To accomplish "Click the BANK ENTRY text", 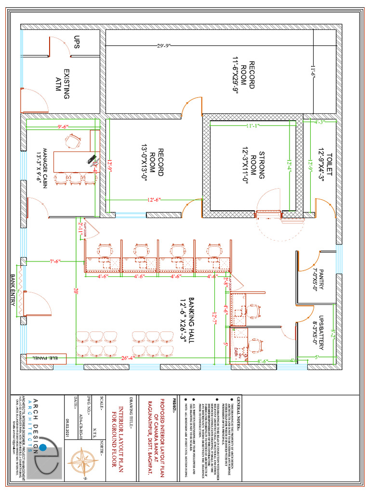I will click(x=13, y=289).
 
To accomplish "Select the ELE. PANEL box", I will click(x=45, y=358).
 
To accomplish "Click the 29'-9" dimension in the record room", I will click(x=164, y=46).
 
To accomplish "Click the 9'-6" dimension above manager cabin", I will click(x=63, y=126).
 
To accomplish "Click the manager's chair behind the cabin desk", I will click(x=72, y=140).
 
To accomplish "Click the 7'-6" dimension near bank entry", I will click(x=55, y=261).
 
